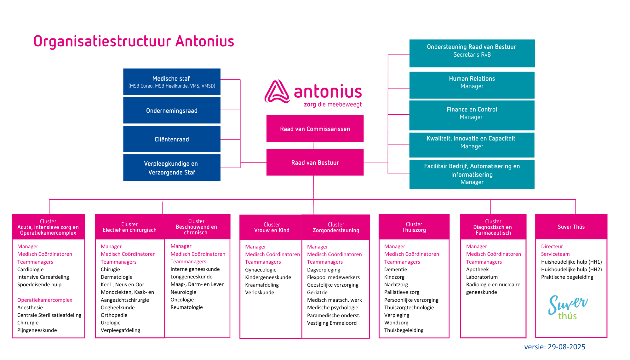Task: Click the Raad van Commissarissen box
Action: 315,129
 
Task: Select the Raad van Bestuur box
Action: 315,163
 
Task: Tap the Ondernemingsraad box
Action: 172,111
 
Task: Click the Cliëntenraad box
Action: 172,139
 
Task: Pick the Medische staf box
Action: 172,82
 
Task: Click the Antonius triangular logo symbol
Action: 277,92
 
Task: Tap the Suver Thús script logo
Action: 568,307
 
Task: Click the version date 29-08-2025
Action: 566,347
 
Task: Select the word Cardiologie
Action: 31,269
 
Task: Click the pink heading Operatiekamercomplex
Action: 45,300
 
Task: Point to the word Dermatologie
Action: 117,277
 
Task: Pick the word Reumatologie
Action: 186,307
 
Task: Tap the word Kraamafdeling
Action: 262,285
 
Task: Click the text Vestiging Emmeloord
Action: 332,323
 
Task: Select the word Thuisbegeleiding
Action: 404,330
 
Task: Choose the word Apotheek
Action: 477,269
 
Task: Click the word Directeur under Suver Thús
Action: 552,246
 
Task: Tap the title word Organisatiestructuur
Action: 102,41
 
